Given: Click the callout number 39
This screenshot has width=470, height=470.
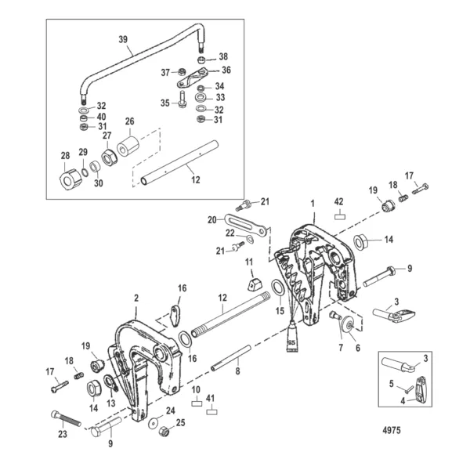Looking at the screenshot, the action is click(123, 39).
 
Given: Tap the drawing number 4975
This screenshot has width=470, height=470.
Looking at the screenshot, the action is click(392, 430).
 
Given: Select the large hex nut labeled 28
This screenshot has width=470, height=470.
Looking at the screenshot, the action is click(70, 179).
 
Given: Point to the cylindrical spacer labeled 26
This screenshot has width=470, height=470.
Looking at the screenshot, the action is click(128, 146).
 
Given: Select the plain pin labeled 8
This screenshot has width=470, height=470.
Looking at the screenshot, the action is click(231, 358).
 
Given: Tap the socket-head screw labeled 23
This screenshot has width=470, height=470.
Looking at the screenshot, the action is click(65, 418).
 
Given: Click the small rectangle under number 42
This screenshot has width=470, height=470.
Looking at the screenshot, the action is click(339, 216).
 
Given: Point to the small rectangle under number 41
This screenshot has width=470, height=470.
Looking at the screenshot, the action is click(212, 411).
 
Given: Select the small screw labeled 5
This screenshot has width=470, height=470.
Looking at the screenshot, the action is click(407, 391).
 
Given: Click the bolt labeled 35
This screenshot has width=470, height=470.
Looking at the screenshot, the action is click(182, 99).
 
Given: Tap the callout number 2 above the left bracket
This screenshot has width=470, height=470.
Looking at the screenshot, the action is click(136, 298).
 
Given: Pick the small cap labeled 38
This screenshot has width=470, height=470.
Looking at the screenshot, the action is click(201, 60).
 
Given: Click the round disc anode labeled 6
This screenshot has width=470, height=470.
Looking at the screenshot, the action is click(348, 324).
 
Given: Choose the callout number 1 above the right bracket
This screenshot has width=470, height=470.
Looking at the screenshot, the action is click(313, 204).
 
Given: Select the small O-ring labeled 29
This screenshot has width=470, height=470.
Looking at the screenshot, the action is click(85, 172).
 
